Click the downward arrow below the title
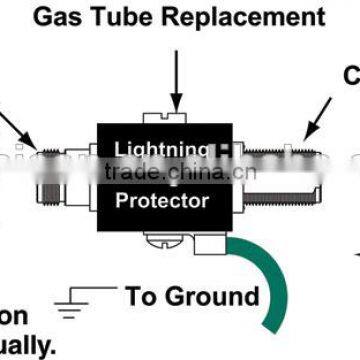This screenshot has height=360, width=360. coord(177,69)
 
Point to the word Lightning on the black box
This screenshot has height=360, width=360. coord(162,150)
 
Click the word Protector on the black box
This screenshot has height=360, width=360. coord(161,201)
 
